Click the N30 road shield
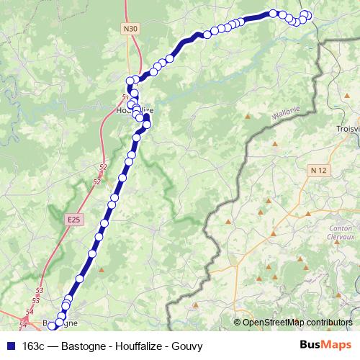(x=129, y=29)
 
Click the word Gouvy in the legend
(x=187, y=346)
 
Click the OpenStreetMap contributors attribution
(x=297, y=323)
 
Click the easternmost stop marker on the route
(x=308, y=16)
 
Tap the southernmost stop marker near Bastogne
(x=51, y=327)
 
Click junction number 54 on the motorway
(x=30, y=312)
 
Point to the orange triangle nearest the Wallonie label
(x=248, y=115)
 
